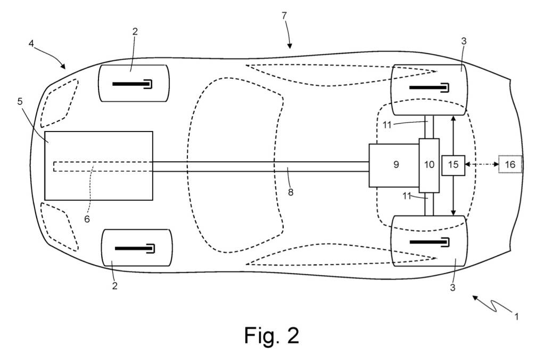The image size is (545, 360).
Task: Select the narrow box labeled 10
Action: point(429,165)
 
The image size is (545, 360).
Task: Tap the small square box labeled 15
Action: point(453,165)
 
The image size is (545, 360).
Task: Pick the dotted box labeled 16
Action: point(510,165)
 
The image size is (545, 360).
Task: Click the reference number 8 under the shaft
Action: point(291,192)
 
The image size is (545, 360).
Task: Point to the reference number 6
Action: point(87,218)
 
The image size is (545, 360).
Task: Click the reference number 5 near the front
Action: point(20,101)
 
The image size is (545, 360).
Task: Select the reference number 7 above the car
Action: point(285,15)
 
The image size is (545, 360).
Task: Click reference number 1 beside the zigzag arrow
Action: point(516,316)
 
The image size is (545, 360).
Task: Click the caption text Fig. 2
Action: point(271,335)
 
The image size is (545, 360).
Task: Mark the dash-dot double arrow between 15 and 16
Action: point(482,165)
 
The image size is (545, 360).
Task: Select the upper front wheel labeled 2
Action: point(133,83)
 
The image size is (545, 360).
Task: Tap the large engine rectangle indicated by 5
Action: point(98,166)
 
